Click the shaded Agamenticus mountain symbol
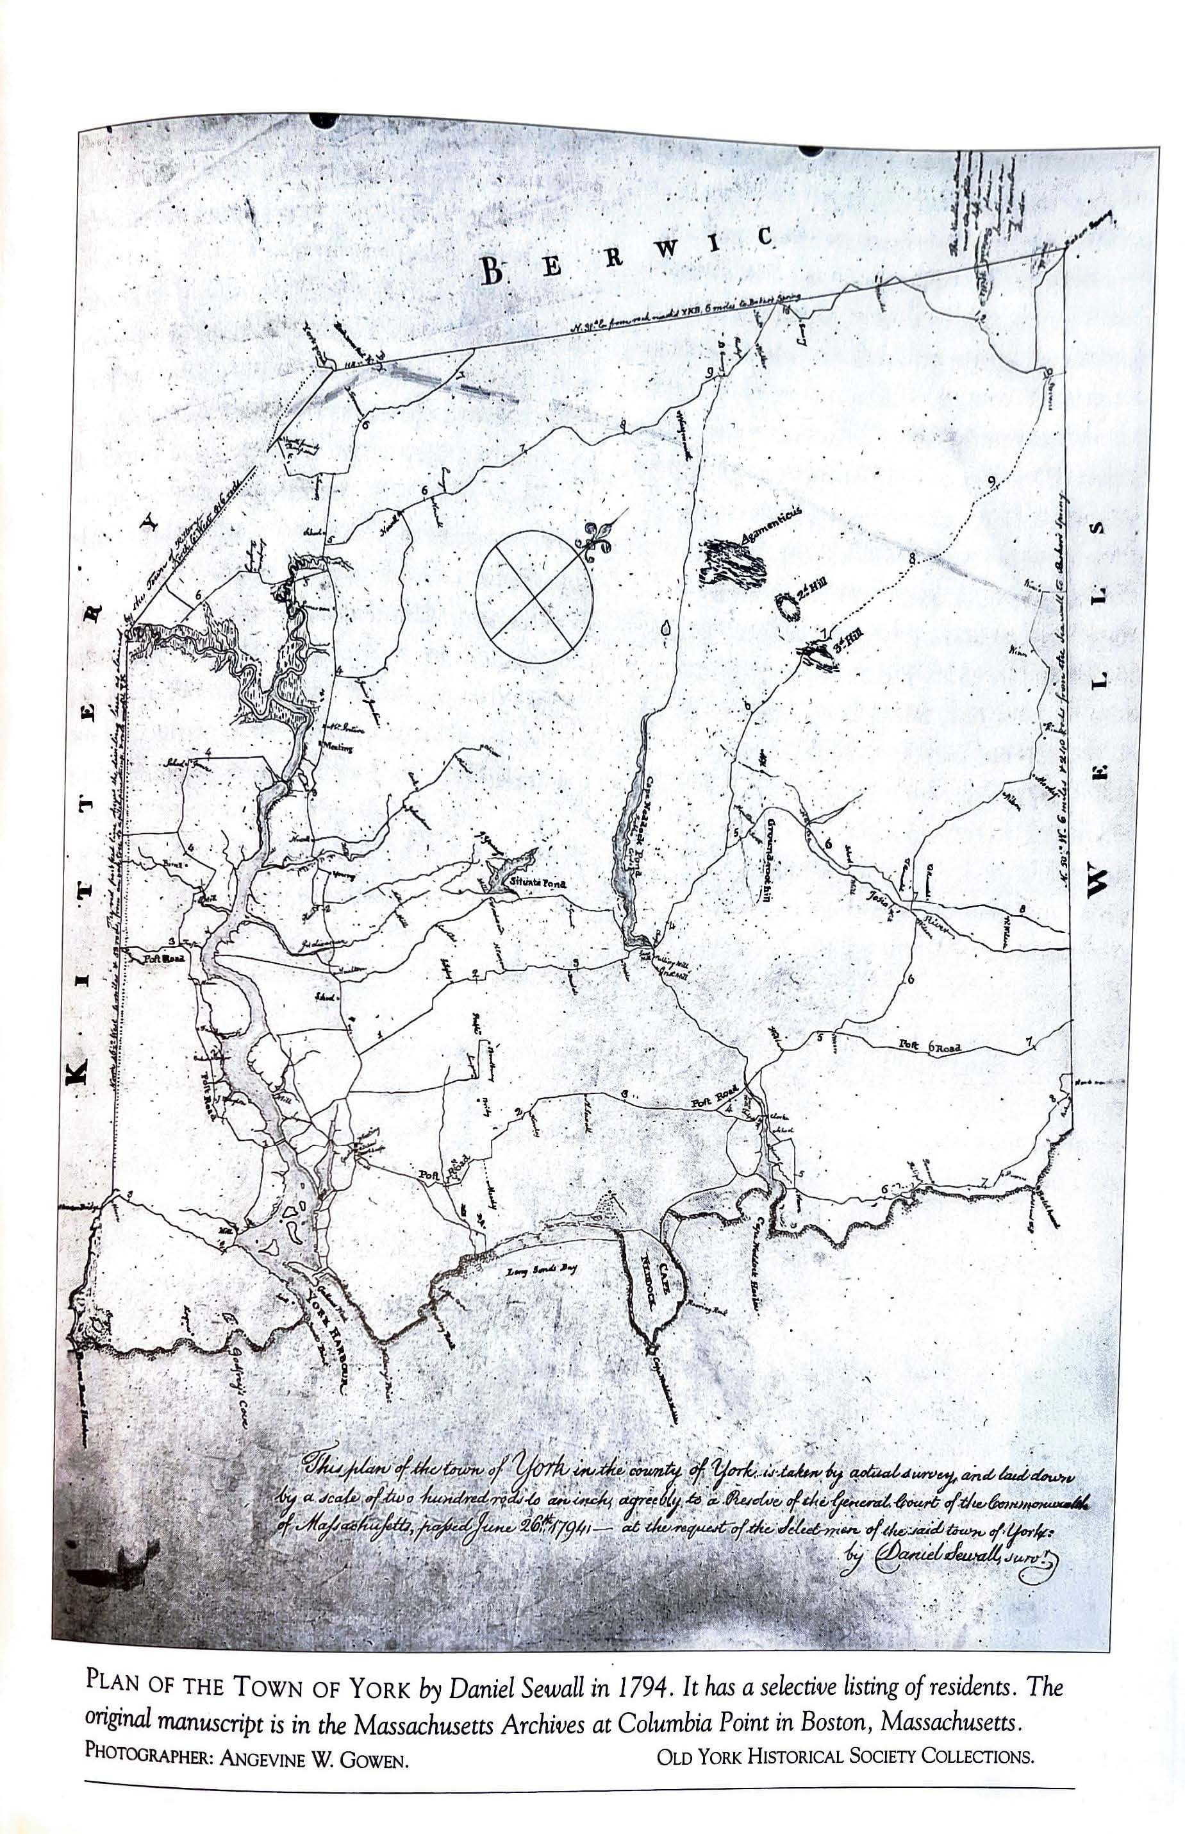tap(735, 566)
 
